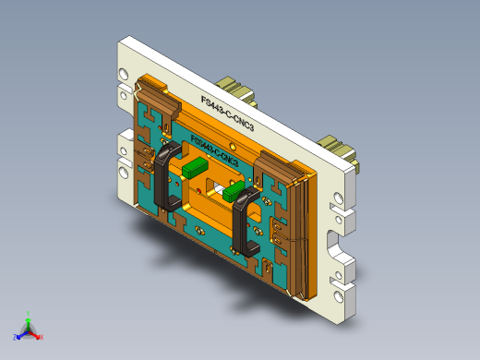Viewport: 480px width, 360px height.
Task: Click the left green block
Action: pyautogui.click(x=195, y=168)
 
